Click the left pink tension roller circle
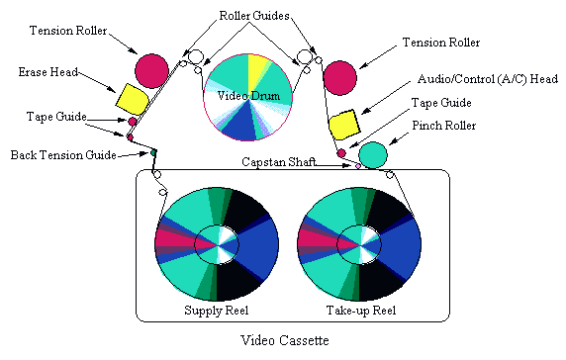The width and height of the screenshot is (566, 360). click(x=152, y=69)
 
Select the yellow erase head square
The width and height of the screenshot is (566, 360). click(x=132, y=99)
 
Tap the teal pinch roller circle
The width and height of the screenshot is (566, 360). click(x=372, y=154)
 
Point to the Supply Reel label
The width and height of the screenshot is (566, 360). click(x=217, y=312)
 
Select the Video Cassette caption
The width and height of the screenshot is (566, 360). click(x=284, y=340)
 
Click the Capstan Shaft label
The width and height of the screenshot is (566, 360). click(x=278, y=160)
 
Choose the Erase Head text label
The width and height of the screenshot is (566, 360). click(x=48, y=72)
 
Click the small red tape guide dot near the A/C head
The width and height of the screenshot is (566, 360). click(x=341, y=153)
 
